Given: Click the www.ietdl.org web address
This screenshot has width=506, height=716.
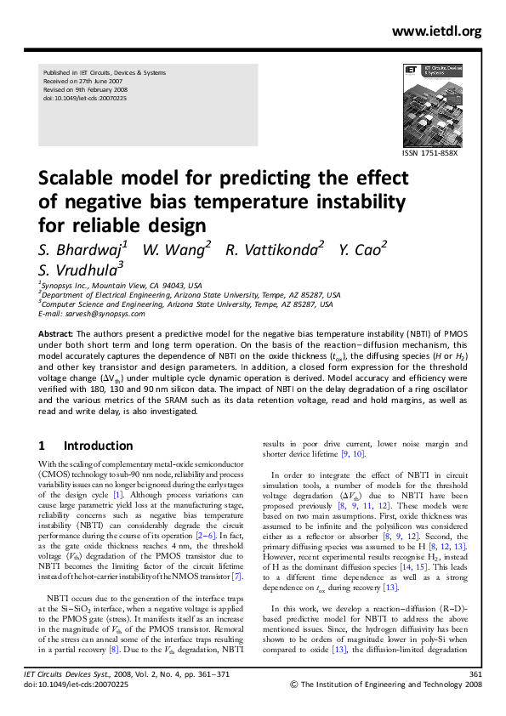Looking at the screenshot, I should pos(437,31).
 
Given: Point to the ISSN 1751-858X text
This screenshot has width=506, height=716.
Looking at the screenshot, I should pos(430,153).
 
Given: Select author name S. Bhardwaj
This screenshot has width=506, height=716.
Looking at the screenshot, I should pos(83,249).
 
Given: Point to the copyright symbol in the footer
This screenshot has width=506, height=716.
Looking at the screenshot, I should pos(294,683).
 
